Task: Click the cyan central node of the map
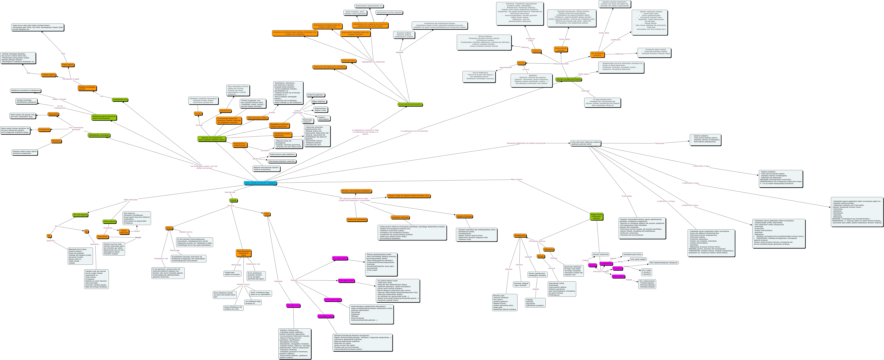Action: click(x=260, y=183)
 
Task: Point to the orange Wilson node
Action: click(x=169, y=228)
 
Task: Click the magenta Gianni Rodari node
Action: click(x=618, y=276)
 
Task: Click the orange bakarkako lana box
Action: click(x=348, y=61)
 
